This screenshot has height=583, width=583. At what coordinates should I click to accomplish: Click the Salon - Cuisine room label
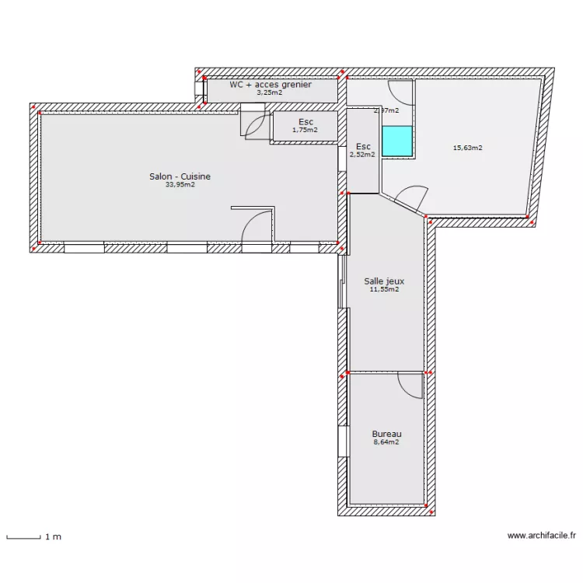(180, 176)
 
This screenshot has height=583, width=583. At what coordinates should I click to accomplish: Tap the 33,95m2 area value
(180, 185)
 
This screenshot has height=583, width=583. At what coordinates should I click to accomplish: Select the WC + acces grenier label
(270, 84)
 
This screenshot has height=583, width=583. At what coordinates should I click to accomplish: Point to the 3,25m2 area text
(270, 93)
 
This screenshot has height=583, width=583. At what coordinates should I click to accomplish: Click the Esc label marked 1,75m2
(305, 121)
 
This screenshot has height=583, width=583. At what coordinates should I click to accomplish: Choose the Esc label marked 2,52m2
(362, 146)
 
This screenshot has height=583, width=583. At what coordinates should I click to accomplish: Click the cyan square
(396, 140)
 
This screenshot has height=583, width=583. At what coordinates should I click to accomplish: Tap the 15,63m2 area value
(468, 148)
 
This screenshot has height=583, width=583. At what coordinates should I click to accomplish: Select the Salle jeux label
(384, 281)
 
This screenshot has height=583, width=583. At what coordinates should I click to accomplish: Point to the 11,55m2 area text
(384, 290)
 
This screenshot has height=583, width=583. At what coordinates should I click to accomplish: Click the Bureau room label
(386, 434)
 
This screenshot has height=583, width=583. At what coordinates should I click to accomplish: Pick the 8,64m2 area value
(386, 442)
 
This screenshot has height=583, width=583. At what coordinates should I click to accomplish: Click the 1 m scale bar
(23, 536)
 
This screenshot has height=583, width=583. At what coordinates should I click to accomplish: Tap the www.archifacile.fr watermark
(541, 536)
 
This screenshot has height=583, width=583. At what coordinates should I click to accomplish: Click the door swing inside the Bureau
(410, 385)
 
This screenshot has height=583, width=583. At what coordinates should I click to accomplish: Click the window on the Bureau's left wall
(342, 441)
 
